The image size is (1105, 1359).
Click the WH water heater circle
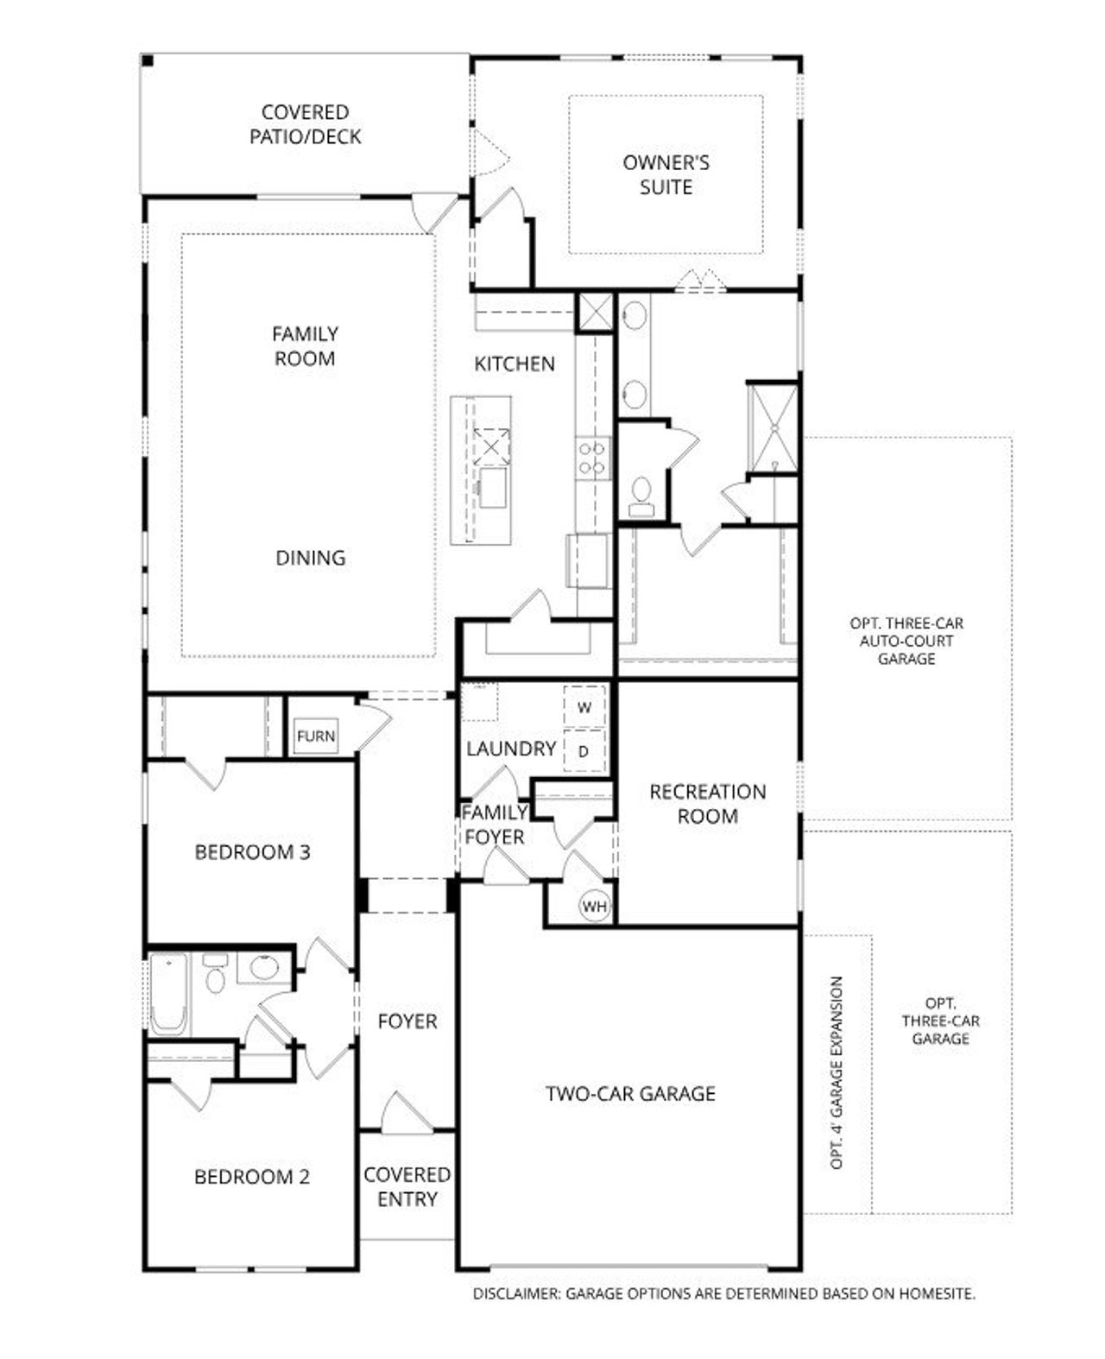pos(595,907)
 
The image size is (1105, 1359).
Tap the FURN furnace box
pos(315,736)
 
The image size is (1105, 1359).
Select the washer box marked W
pos(584,708)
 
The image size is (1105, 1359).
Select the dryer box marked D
pos(584,751)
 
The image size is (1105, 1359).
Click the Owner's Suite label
pos(666,174)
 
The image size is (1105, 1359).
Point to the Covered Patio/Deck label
pos(306,124)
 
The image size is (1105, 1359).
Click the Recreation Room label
pos(707,804)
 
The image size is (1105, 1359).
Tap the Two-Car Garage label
pos(630,1094)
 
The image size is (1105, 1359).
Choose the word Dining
pos(310,558)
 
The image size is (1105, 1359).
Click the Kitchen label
pos(515,364)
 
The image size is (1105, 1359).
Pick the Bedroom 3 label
pos(252,852)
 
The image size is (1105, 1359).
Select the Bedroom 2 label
pos(251,1177)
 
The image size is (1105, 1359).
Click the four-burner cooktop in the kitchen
pos(593,458)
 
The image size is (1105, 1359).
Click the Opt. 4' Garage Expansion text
pos(836,1073)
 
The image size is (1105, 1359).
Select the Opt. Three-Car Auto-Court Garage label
pos(906,641)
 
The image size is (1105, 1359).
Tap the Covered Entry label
pos(407,1186)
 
